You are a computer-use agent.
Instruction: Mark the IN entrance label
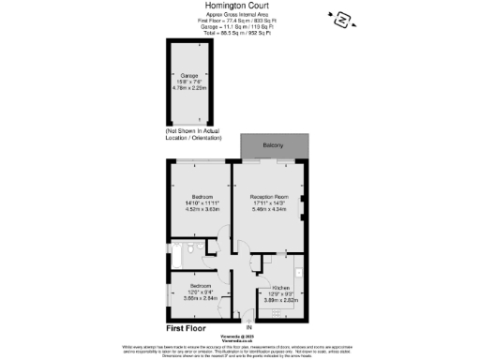click(248, 326)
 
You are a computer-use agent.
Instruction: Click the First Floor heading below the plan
click(186, 330)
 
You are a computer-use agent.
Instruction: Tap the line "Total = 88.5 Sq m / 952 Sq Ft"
click(239, 32)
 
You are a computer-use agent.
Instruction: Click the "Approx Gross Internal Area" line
click(239, 15)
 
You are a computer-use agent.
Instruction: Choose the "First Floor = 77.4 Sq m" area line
click(239, 21)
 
